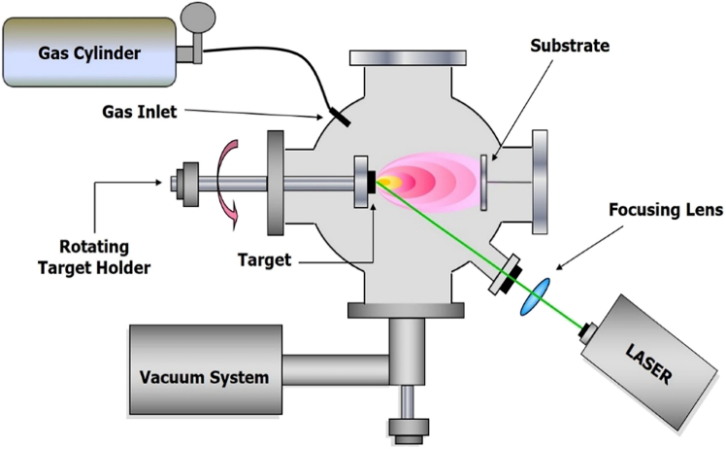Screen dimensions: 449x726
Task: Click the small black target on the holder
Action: point(372,182)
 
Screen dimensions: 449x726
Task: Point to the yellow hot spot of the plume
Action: point(385,183)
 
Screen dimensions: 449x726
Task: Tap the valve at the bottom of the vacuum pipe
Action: point(406,424)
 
